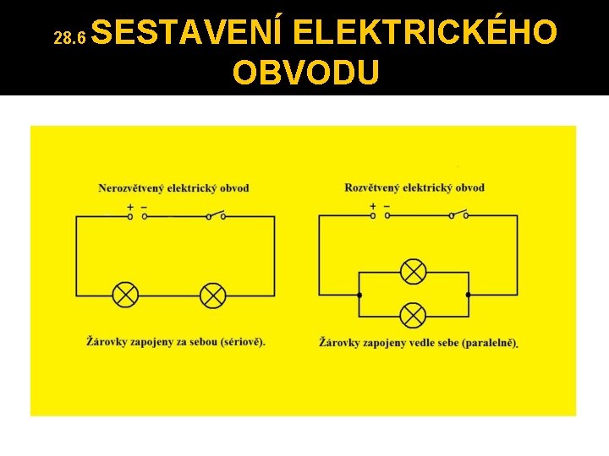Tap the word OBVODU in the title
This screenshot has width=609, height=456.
[305, 73]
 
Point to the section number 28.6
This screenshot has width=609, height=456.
[69, 38]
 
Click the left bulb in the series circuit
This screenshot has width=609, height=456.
[126, 295]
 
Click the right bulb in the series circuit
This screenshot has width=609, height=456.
[212, 295]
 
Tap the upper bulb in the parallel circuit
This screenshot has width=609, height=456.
[413, 272]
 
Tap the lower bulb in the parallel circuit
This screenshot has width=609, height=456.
[413, 316]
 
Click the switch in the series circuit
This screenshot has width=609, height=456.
[216, 214]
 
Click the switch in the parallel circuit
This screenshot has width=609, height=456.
[458, 214]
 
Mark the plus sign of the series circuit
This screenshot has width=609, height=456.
[130, 206]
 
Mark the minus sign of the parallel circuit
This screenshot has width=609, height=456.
[387, 205]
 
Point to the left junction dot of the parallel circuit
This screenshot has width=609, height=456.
[359, 295]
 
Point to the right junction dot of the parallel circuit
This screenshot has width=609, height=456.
[468, 295]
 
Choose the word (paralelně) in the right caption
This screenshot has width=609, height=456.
[490, 343]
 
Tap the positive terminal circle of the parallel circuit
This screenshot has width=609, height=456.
[373, 215]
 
